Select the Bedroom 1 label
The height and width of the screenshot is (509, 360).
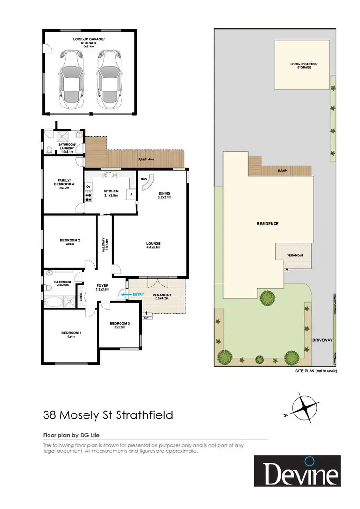click(68, 334)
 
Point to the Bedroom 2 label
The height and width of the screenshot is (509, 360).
click(70, 242)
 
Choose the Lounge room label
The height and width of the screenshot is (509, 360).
click(153, 245)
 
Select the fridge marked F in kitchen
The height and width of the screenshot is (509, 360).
click(130, 194)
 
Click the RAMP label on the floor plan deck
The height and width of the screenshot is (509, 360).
click(143, 159)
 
